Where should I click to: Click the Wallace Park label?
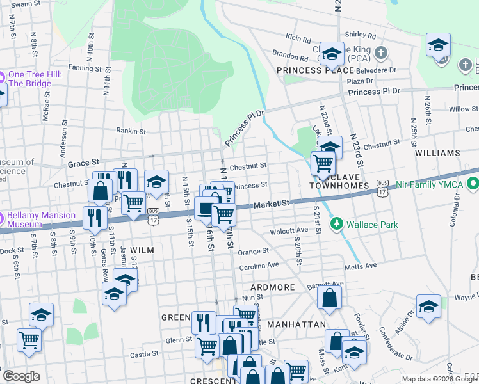tap(371, 225)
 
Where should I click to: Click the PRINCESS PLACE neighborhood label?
tap(315, 70)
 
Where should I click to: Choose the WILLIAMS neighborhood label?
tap(437, 154)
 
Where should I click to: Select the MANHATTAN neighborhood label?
tap(296, 324)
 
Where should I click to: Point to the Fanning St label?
tap(81, 67)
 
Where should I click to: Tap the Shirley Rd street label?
tap(360, 35)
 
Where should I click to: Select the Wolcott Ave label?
tap(289, 230)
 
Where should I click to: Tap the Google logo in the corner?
tap(21, 376)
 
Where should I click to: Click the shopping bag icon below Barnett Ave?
tap(329, 298)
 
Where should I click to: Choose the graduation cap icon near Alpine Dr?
tap(428, 307)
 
